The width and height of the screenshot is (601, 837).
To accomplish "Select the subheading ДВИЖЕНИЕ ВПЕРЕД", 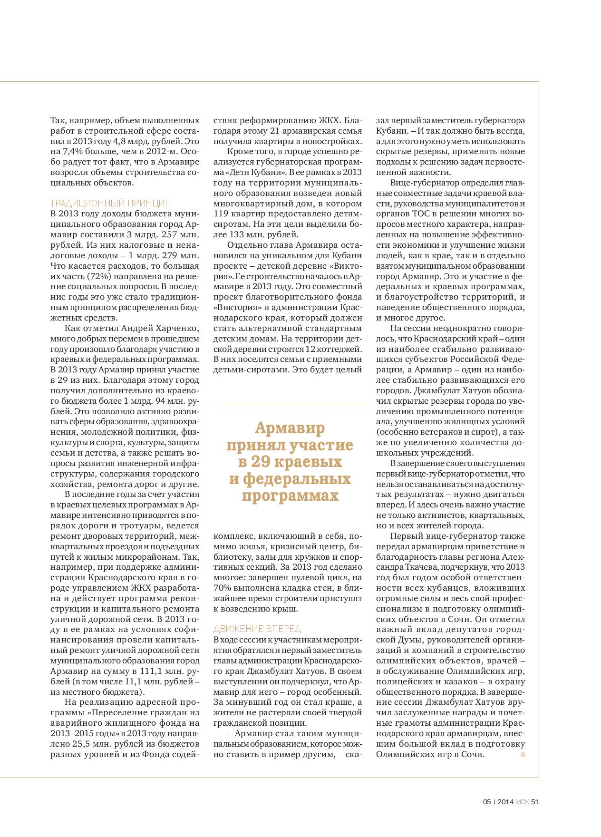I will tap(257, 629).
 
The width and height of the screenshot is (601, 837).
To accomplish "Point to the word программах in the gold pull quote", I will tap(290, 496).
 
